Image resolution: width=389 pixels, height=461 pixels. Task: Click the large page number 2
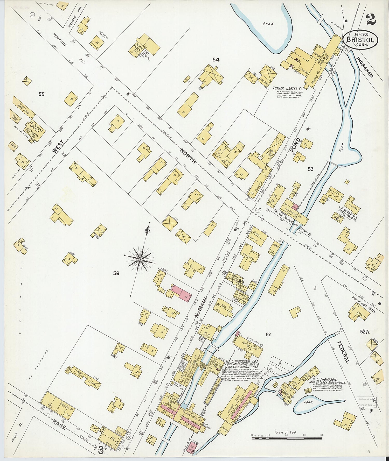(371, 19)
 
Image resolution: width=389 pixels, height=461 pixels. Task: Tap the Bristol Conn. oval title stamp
(360, 40)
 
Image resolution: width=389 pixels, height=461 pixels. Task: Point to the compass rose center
(140, 259)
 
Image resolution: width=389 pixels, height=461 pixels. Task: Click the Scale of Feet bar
(286, 438)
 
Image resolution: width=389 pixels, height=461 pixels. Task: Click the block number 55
(41, 94)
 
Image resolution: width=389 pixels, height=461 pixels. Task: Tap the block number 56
(116, 273)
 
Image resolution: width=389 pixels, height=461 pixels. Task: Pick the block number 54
(216, 60)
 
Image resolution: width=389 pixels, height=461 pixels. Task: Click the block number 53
(310, 169)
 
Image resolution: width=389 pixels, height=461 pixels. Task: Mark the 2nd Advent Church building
(35, 131)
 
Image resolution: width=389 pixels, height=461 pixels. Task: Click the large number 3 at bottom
(101, 451)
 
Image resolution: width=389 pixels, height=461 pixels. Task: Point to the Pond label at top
(268, 24)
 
